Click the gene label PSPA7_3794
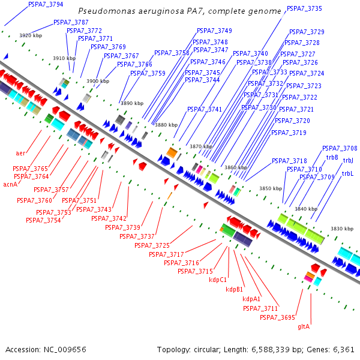tap(46, 4)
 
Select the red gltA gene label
tap(304, 326)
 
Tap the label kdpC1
tap(217, 280)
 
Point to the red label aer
tap(20, 153)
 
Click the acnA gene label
tap(10, 184)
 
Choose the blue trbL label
tap(347, 173)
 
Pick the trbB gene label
tap(332, 157)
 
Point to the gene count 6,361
tap(343, 349)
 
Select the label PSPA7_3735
tap(304, 9)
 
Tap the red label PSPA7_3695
tap(278, 317)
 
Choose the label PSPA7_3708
tap(340, 148)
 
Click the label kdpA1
tap(251, 299)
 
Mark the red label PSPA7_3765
tap(30, 169)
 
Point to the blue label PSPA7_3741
tap(205, 109)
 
